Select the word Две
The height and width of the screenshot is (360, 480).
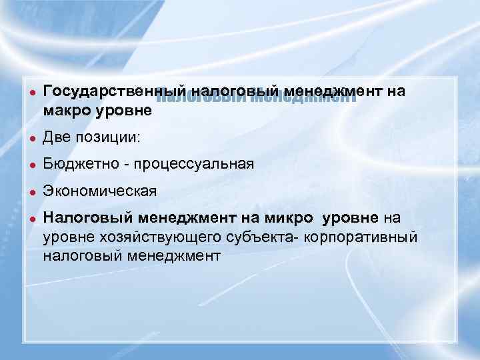(57, 138)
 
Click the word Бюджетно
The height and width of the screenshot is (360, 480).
(81, 165)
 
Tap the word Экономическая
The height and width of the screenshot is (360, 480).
(99, 191)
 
